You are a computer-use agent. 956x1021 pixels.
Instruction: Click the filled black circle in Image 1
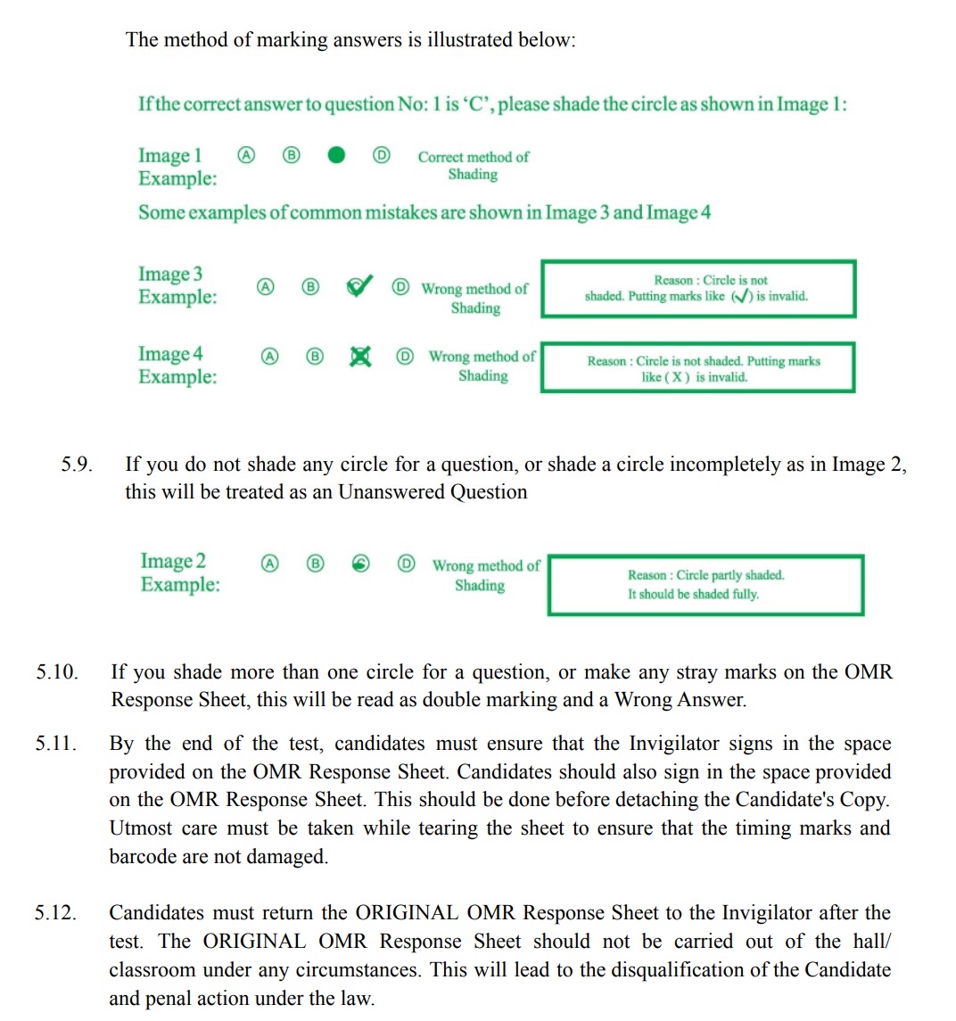[335, 156]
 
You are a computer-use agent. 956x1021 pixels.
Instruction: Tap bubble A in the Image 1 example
[245, 156]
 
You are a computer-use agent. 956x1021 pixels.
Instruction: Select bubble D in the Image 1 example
[381, 156]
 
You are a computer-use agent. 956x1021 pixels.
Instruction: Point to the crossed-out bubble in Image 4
[359, 357]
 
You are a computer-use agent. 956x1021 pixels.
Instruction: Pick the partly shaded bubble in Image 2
[361, 564]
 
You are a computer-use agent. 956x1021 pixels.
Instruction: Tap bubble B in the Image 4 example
[314, 357]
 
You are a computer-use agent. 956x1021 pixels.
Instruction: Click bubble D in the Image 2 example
[406, 564]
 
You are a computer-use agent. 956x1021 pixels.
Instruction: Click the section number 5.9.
[77, 465]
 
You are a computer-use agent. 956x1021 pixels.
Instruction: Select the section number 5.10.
[57, 672]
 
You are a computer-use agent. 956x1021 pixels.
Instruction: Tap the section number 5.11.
[56, 744]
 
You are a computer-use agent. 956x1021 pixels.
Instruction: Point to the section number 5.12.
[56, 913]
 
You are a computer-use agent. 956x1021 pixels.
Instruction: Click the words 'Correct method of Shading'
[473, 165]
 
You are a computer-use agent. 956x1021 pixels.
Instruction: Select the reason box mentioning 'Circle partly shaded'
[705, 585]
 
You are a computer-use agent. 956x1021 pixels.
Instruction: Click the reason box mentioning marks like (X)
[697, 367]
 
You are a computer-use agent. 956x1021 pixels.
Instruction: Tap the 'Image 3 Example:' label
[177, 285]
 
